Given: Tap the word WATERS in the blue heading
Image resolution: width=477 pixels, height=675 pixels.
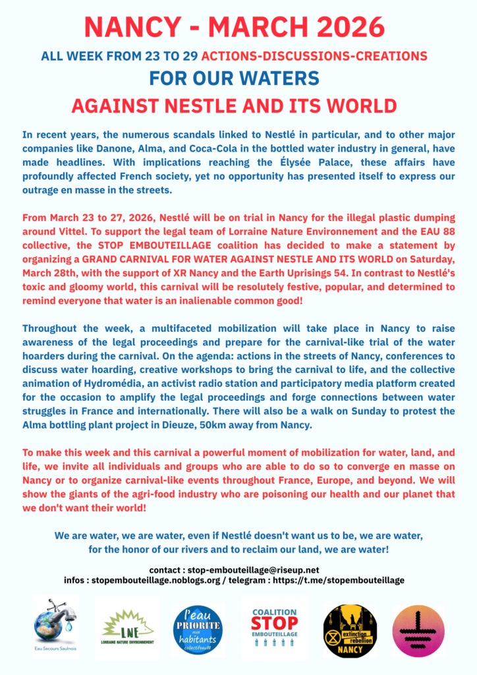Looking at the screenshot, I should click(x=280, y=78).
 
